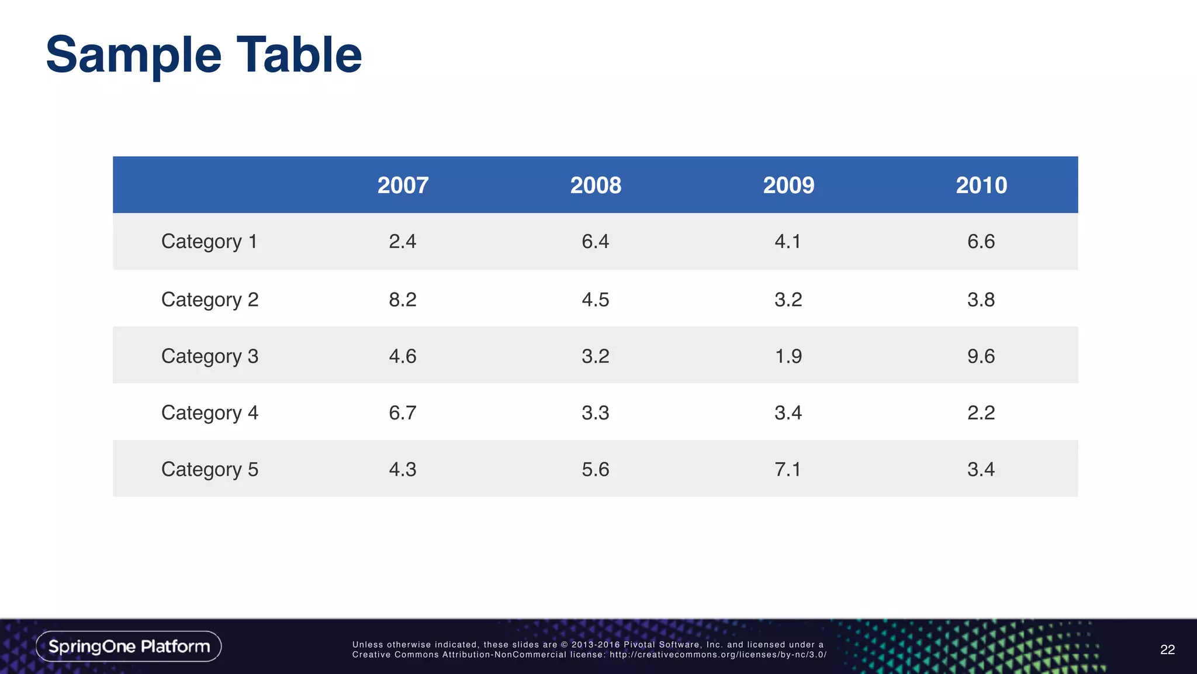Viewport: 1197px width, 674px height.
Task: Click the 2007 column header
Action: pyautogui.click(x=403, y=185)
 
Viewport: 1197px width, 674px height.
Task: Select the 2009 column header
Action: pyautogui.click(x=788, y=185)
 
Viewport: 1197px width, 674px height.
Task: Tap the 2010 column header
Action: pyautogui.click(x=981, y=185)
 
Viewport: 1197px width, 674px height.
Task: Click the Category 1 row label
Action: pyautogui.click(x=209, y=242)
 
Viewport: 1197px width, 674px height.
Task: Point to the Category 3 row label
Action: pyautogui.click(x=209, y=356)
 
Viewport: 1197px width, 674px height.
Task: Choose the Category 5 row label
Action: pyautogui.click(x=209, y=469)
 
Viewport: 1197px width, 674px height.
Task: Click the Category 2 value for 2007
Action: pyautogui.click(x=403, y=300)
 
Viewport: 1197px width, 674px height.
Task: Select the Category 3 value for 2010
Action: pyautogui.click(x=981, y=356)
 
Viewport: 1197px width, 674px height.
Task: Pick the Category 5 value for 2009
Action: pyautogui.click(x=788, y=469)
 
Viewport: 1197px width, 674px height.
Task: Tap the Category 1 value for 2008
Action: pyautogui.click(x=595, y=242)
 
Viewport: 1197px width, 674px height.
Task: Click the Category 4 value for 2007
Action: pyautogui.click(x=403, y=413)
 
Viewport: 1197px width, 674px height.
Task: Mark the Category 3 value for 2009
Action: pyautogui.click(x=788, y=356)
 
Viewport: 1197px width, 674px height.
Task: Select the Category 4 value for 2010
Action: pyautogui.click(x=981, y=413)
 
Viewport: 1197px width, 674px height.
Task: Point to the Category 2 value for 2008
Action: pyautogui.click(x=595, y=300)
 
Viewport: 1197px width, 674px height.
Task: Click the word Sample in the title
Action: pyautogui.click(x=134, y=56)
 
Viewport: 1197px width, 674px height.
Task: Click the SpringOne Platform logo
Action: pyautogui.click(x=129, y=647)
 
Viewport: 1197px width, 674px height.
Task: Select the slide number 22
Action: pyautogui.click(x=1167, y=649)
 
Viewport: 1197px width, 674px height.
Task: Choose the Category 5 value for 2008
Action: pyautogui.click(x=595, y=469)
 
